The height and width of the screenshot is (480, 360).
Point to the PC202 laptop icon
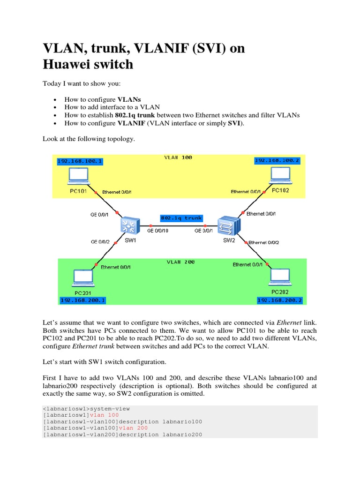click(x=280, y=277)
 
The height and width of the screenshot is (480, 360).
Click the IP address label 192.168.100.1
click(x=79, y=161)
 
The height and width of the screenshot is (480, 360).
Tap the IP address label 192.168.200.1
click(x=83, y=300)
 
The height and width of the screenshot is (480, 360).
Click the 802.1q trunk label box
click(x=181, y=218)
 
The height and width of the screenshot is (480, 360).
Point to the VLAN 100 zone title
click(x=178, y=157)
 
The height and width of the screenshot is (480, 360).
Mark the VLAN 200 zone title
click(x=180, y=262)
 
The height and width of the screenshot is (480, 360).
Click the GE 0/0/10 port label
click(x=157, y=231)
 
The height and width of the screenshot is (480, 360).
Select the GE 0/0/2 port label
click(x=99, y=241)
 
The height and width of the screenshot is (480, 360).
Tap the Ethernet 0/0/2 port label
click(x=263, y=242)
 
